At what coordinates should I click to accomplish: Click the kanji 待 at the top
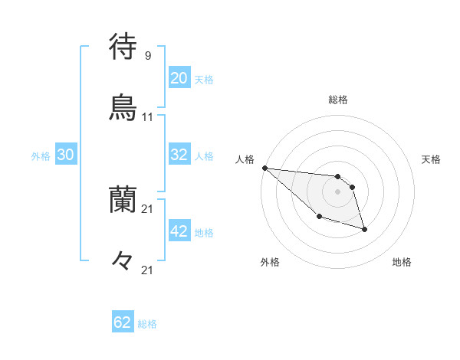(x=123, y=47)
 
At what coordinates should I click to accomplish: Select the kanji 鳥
(x=123, y=106)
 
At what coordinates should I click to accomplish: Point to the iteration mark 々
(x=123, y=260)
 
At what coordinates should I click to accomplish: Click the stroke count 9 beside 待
(x=147, y=56)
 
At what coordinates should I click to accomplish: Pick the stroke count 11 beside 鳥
(x=147, y=117)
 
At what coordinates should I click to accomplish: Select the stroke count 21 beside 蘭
(x=147, y=208)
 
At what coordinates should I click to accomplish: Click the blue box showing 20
(x=179, y=78)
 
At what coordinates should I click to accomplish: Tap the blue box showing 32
(x=179, y=155)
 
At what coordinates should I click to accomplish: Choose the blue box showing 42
(x=179, y=231)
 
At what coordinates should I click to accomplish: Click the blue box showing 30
(x=65, y=155)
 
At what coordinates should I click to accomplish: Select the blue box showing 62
(x=123, y=322)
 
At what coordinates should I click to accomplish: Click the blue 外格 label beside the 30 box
(x=41, y=156)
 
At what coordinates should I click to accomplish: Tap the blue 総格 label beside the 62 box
(x=147, y=324)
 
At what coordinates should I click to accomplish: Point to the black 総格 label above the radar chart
(x=337, y=100)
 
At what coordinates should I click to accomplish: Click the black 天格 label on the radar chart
(x=432, y=159)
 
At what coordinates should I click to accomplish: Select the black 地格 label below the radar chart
(x=402, y=262)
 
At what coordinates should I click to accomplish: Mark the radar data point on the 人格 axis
(x=264, y=168)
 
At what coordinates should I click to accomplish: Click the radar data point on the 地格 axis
(x=364, y=229)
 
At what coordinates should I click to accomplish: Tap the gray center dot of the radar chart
(x=337, y=191)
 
